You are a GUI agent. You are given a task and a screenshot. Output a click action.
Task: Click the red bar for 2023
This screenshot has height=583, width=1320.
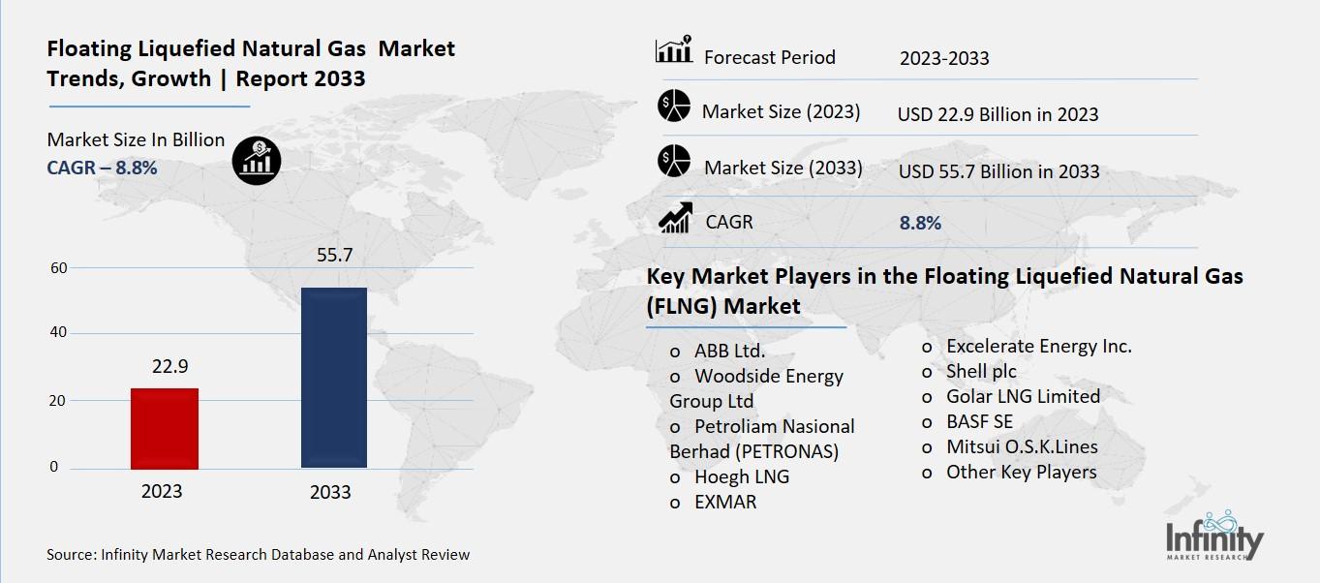[x=164, y=428]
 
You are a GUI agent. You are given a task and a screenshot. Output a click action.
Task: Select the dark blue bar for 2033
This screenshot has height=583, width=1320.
[x=334, y=378]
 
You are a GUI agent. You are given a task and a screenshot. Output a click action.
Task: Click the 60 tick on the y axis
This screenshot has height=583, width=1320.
[x=58, y=267]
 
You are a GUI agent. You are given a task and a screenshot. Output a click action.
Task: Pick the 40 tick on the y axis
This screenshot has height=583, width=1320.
[x=58, y=333]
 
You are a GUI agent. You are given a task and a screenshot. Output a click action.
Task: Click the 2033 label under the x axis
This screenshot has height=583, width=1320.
[x=330, y=492]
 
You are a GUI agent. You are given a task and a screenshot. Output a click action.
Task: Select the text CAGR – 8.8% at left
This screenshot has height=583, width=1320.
[x=102, y=168]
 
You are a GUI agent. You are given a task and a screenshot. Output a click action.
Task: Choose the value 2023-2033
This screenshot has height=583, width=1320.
[x=944, y=58]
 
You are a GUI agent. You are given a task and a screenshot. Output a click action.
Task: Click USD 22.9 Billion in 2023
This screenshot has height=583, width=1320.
[x=998, y=114]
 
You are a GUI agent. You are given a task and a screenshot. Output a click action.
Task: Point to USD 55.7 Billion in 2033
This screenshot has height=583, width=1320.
[x=998, y=171]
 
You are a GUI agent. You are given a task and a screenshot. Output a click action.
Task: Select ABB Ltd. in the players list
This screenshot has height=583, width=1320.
[x=729, y=351]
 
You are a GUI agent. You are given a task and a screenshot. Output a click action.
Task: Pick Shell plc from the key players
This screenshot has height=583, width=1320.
[x=981, y=371]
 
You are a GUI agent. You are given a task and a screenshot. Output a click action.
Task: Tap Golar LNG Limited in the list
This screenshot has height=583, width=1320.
[x=1023, y=396]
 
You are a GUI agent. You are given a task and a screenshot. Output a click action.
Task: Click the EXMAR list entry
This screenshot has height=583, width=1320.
[x=725, y=502]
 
